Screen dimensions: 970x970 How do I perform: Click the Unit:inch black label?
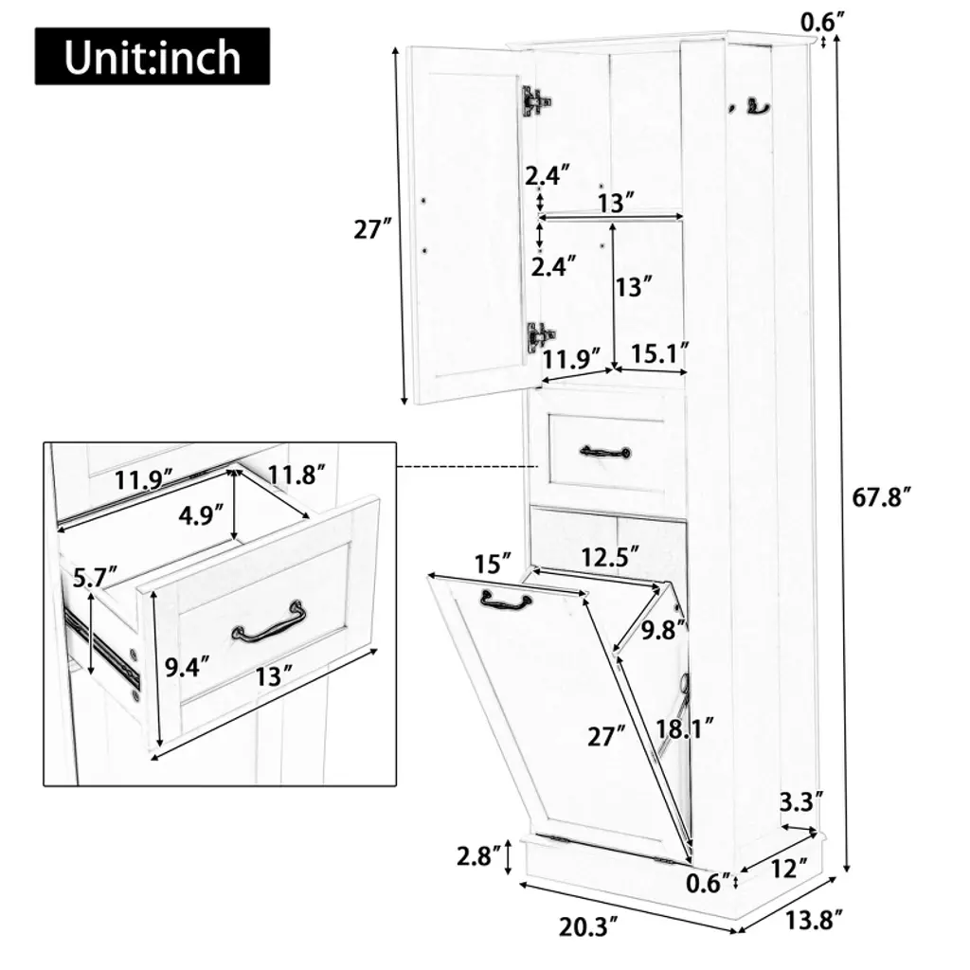153,56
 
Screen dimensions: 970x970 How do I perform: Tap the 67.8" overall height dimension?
882,497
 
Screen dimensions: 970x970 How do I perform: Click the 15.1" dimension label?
659,353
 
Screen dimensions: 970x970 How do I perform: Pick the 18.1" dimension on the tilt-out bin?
685,728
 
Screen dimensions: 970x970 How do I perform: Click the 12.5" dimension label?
609,557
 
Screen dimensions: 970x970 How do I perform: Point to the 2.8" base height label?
478,856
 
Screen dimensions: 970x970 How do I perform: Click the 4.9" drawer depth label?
200,514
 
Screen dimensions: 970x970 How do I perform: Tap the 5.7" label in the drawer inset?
95,578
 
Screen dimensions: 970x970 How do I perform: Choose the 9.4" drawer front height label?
187,668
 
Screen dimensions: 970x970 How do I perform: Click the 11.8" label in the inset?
296,476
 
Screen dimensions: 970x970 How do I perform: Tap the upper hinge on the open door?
536,100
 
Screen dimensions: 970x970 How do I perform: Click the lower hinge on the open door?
540,338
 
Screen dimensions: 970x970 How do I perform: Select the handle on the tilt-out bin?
506,600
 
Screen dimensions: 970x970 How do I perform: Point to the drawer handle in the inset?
269,622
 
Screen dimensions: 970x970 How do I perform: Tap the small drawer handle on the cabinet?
605,452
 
